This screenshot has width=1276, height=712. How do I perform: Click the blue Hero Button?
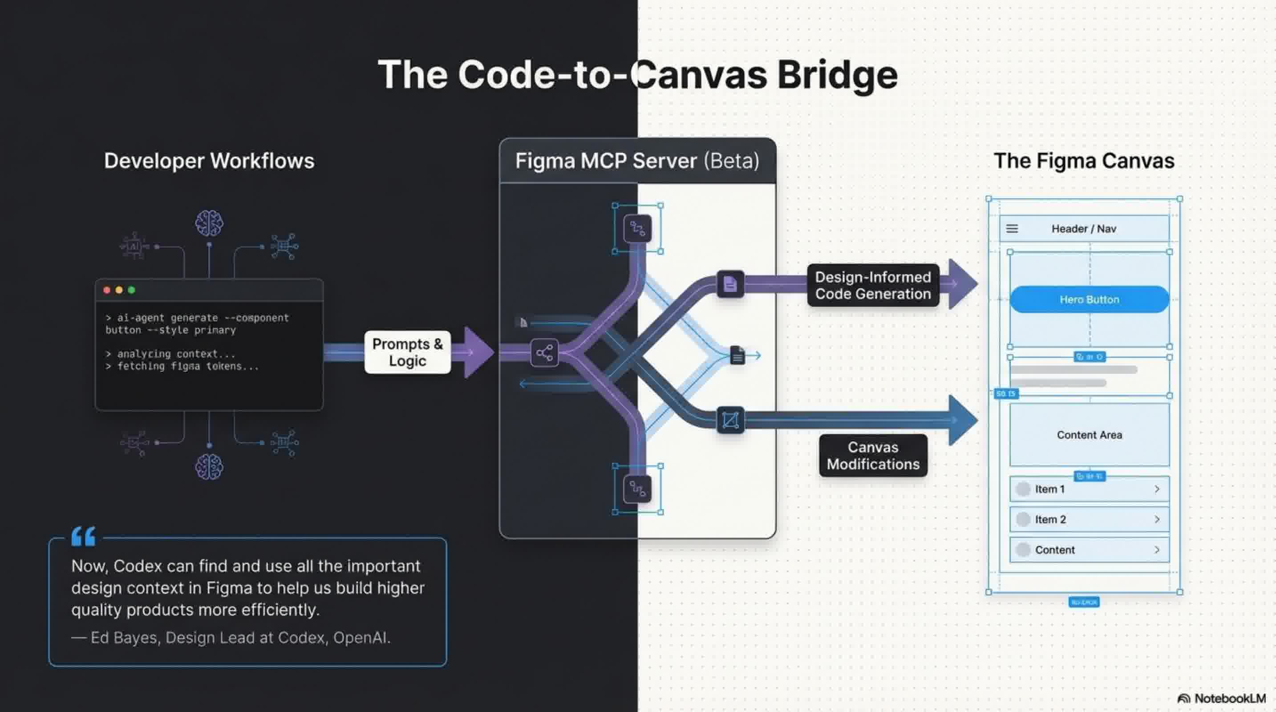[x=1089, y=299]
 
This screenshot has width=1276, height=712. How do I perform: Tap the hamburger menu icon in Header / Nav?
[x=1012, y=228]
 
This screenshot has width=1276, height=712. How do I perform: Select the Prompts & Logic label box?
[x=407, y=352]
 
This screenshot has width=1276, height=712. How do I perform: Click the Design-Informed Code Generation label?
[x=873, y=285]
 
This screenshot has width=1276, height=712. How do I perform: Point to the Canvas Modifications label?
[x=873, y=456]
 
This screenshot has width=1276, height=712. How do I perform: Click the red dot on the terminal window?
[x=106, y=290]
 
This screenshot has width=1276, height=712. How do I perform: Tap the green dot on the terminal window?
[x=132, y=290]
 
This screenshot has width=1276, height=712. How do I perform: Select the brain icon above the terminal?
[x=209, y=223]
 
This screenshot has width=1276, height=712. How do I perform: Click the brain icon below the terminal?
[x=209, y=466]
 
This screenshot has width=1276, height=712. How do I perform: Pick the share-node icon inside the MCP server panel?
[x=544, y=353]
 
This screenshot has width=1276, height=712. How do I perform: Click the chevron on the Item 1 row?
[x=1157, y=489]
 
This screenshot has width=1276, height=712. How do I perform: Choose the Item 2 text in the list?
[x=1050, y=519]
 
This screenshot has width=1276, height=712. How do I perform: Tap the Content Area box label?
[x=1089, y=435]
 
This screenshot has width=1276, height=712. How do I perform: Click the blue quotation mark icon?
[x=83, y=536]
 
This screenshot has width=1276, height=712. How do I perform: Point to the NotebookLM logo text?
[x=1229, y=698]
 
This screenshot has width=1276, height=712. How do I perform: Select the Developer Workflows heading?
[x=209, y=161]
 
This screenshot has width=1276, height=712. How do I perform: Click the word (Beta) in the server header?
[x=732, y=161]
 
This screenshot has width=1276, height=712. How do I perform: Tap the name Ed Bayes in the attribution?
[x=124, y=638]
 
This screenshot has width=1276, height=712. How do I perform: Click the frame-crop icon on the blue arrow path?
[x=730, y=421]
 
